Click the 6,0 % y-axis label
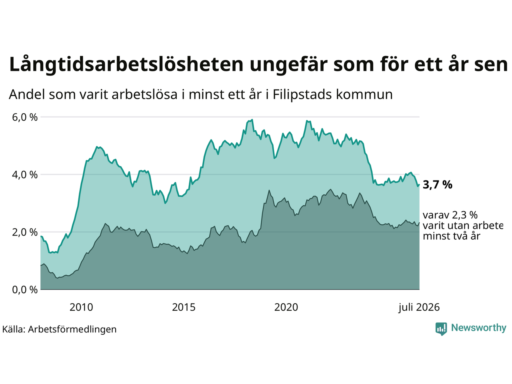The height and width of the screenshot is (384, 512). pyautogui.click(x=25, y=117)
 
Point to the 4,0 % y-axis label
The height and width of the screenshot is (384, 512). pyautogui.click(x=25, y=175)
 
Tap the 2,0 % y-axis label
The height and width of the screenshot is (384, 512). pyautogui.click(x=25, y=232)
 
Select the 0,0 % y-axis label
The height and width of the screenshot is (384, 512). pyautogui.click(x=25, y=290)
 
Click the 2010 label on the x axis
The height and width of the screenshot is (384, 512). pyautogui.click(x=82, y=307)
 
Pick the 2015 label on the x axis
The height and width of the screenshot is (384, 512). pyautogui.click(x=184, y=307)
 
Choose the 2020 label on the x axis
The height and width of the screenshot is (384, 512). pyautogui.click(x=286, y=307)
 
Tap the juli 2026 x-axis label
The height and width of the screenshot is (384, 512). pyautogui.click(x=419, y=308)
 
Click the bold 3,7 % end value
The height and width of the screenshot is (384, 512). pyautogui.click(x=438, y=185)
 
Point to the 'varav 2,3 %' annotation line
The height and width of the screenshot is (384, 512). pyautogui.click(x=450, y=215)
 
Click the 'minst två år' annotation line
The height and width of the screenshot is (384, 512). pyautogui.click(x=452, y=236)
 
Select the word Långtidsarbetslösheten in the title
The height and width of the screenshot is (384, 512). pyautogui.click(x=126, y=64)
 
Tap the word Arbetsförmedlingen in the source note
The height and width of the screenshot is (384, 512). pyautogui.click(x=72, y=330)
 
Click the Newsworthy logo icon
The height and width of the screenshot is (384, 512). pyautogui.click(x=441, y=329)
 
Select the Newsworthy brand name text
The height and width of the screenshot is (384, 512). pyautogui.click(x=479, y=328)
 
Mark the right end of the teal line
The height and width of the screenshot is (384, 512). pyautogui.click(x=419, y=185)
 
